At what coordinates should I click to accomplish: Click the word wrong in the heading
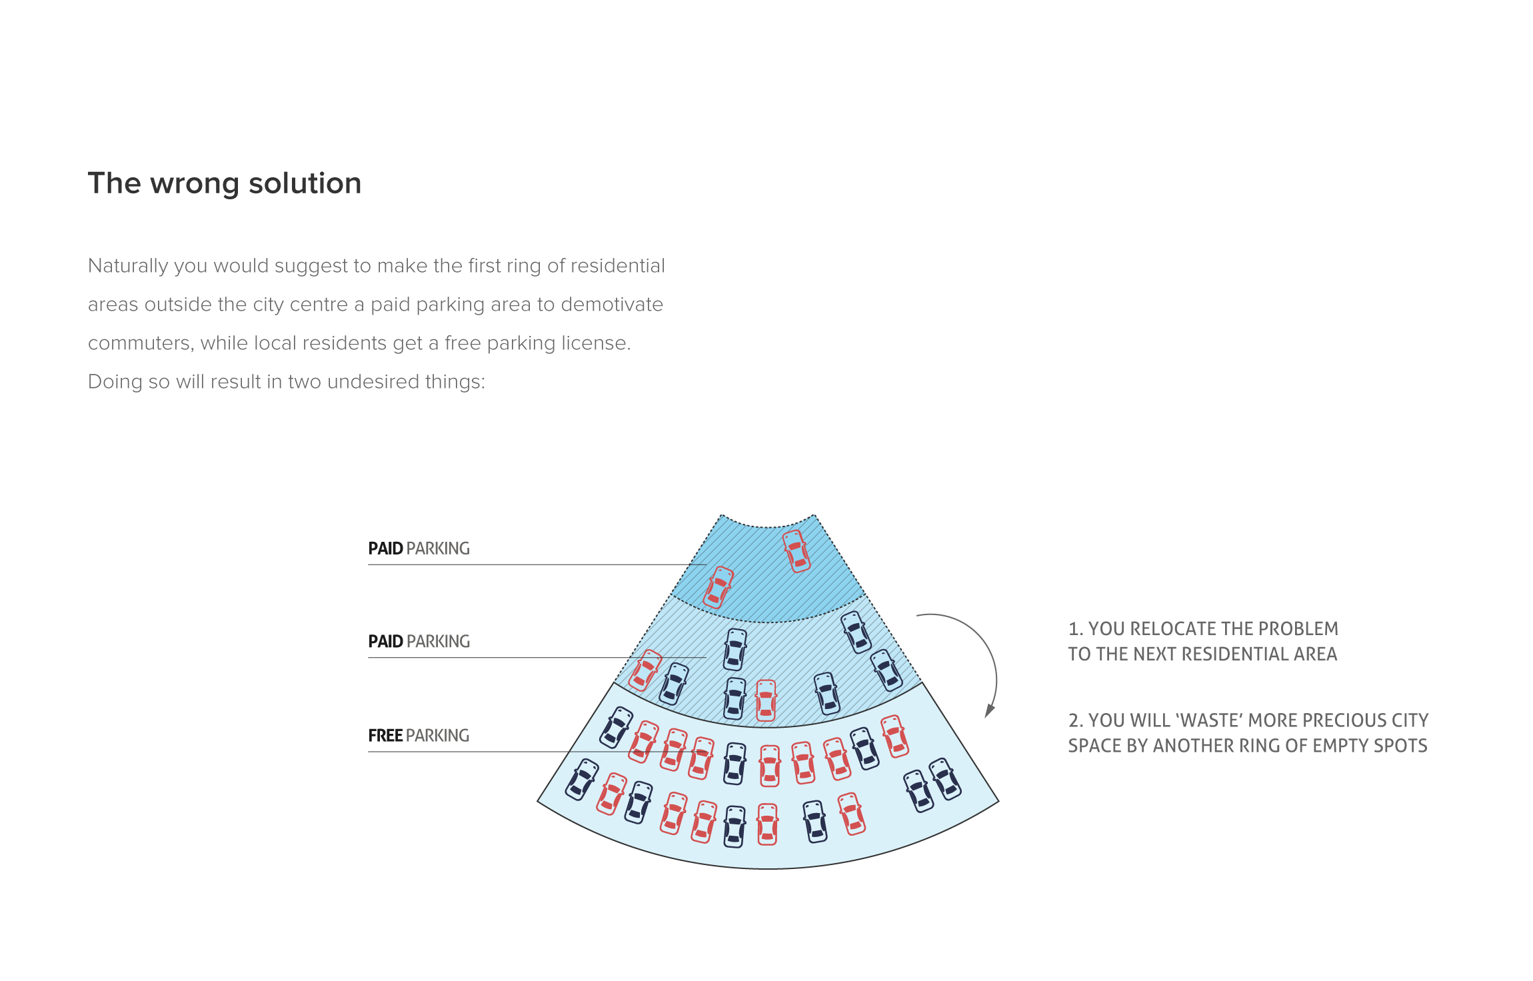pyautogui.click(x=195, y=184)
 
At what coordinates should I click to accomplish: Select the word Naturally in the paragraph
pyautogui.click(x=128, y=267)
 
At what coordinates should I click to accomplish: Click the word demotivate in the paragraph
pyautogui.click(x=612, y=305)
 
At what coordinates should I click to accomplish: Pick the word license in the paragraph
pyautogui.click(x=596, y=343)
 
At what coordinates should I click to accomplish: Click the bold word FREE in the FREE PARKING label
pyautogui.click(x=385, y=736)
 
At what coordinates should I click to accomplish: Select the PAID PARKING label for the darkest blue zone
pyautogui.click(x=419, y=548)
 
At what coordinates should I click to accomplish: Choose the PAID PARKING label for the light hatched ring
pyautogui.click(x=419, y=642)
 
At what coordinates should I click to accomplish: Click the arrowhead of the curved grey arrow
pyautogui.click(x=989, y=710)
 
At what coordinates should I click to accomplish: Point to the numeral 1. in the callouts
pyautogui.click(x=1075, y=629)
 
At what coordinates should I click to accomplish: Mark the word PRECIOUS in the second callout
pyautogui.click(x=1343, y=720)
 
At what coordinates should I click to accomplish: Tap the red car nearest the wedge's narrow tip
pyautogui.click(x=796, y=551)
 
